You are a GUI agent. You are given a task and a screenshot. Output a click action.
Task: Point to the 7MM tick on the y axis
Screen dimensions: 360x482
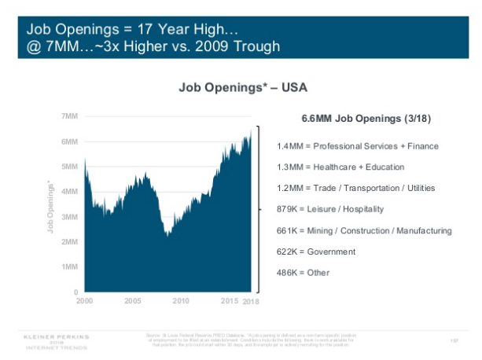pos(69,116)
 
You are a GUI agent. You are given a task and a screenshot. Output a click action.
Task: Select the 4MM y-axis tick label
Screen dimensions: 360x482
pos(69,192)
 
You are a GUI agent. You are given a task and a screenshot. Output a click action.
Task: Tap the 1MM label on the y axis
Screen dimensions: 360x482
pos(69,267)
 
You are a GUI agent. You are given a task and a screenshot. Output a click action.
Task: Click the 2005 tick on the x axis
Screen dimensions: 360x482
pos(132,301)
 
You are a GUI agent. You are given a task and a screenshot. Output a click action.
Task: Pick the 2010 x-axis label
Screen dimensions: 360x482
pos(182,301)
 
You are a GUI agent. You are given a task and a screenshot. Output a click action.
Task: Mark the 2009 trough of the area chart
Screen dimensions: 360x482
pos(167,233)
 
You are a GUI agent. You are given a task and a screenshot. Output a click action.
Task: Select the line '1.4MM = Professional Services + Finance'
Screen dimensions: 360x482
pos(358,146)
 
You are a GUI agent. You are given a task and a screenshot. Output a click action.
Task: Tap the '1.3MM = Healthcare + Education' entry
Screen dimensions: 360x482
pos(340,167)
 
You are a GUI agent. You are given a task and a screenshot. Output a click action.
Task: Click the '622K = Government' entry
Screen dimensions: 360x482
pos(316,252)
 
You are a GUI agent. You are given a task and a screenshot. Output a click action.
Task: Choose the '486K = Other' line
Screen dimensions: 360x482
pos(304,273)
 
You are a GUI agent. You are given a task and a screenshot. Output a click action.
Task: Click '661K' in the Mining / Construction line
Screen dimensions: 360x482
pos(288,230)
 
